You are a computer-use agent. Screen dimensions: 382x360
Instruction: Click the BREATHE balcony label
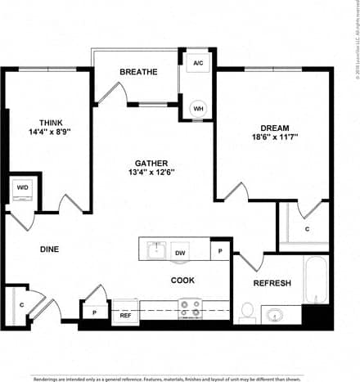tap(138, 72)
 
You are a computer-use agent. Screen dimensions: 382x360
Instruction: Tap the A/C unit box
tap(198, 63)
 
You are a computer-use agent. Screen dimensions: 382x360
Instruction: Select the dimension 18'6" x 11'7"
tap(274, 139)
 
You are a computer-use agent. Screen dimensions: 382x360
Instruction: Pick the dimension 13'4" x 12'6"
tap(152, 173)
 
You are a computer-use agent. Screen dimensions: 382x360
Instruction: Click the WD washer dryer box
tap(21, 187)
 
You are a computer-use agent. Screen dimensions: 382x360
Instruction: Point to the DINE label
tap(49, 249)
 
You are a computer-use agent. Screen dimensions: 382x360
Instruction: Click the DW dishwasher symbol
tap(179, 254)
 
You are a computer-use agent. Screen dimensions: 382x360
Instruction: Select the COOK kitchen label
tap(182, 281)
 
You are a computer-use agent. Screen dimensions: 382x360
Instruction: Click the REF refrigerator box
tap(125, 314)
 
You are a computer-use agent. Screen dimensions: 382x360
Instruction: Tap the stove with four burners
tap(191, 308)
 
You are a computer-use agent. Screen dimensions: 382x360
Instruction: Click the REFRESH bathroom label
tap(272, 283)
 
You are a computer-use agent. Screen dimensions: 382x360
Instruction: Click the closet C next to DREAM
tap(305, 229)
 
